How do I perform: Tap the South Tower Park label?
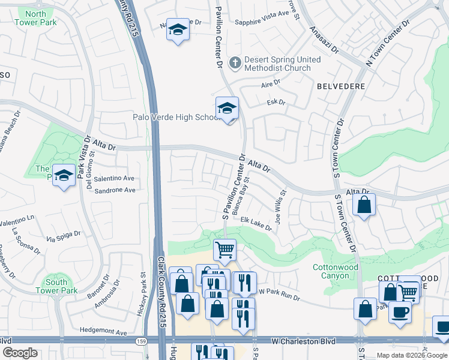coord(61,286)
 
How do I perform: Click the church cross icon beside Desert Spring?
coord(235,61)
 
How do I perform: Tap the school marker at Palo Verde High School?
coord(227,109)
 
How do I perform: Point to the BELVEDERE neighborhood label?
coord(341,86)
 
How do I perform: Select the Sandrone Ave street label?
coord(114,190)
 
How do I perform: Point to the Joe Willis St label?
coord(279,207)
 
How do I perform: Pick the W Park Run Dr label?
coord(279,291)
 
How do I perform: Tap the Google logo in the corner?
coord(20,353)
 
